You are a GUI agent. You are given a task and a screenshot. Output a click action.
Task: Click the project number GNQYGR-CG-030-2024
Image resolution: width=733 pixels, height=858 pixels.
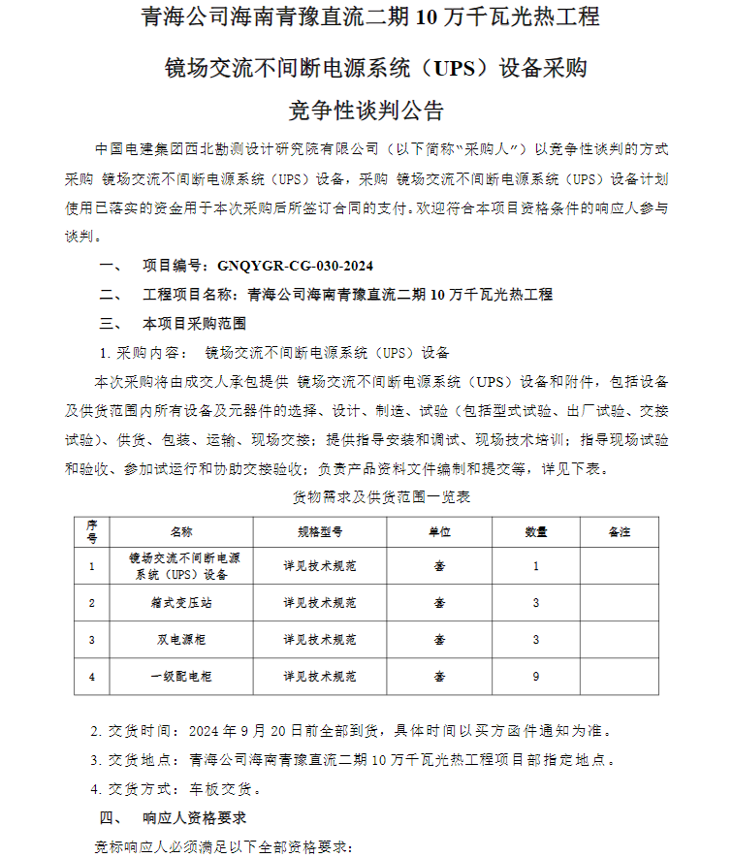(x=296, y=266)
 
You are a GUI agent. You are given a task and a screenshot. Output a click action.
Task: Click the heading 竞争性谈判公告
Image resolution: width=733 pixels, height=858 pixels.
(x=366, y=108)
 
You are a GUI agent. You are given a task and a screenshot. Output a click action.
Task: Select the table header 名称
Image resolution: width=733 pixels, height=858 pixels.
(x=181, y=532)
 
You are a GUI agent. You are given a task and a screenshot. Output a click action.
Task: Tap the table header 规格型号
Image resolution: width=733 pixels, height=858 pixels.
(x=320, y=532)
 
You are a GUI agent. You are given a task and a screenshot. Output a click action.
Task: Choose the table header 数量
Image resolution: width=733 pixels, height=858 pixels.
(x=535, y=532)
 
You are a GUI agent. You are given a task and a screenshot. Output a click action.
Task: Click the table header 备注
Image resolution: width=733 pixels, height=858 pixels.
(x=619, y=532)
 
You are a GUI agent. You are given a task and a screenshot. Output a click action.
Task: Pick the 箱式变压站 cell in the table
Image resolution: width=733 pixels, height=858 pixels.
(x=181, y=603)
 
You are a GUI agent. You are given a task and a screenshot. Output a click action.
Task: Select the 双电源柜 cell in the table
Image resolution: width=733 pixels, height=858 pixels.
(x=181, y=640)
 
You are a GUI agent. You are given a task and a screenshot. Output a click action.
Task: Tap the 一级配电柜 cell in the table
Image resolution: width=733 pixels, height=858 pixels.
(x=181, y=677)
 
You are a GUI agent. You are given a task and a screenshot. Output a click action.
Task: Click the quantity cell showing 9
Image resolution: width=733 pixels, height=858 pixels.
(x=535, y=677)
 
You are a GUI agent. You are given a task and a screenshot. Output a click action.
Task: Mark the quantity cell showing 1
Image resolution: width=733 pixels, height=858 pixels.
(x=535, y=566)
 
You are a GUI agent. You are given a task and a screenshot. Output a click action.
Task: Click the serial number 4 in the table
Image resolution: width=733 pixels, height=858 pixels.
(x=92, y=677)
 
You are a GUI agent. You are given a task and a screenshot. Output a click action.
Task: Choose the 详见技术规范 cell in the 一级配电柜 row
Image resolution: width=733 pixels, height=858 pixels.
(x=320, y=677)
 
